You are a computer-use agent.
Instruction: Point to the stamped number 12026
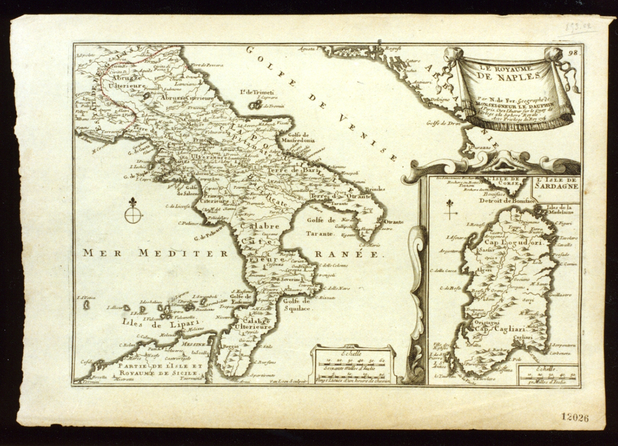pyautogui.click(x=575, y=418)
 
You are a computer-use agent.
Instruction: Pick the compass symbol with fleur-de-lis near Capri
pyautogui.click(x=133, y=211)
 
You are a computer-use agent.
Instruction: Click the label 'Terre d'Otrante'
pyautogui.click(x=340, y=197)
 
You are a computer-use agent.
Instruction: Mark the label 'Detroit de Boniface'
pyautogui.click(x=503, y=200)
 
